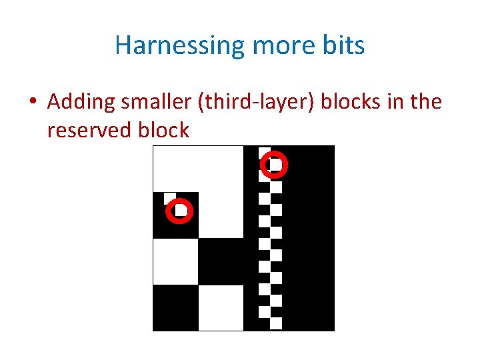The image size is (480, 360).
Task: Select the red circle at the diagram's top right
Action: point(273,164)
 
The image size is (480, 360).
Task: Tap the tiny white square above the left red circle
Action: point(170,198)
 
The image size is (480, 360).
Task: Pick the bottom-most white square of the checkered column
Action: point(276,323)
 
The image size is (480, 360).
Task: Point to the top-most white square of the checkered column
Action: point(264,153)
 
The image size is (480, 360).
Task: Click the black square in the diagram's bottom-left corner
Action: point(176,307)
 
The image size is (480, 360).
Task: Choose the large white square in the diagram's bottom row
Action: point(221,307)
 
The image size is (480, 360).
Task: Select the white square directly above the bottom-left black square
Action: point(176,261)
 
